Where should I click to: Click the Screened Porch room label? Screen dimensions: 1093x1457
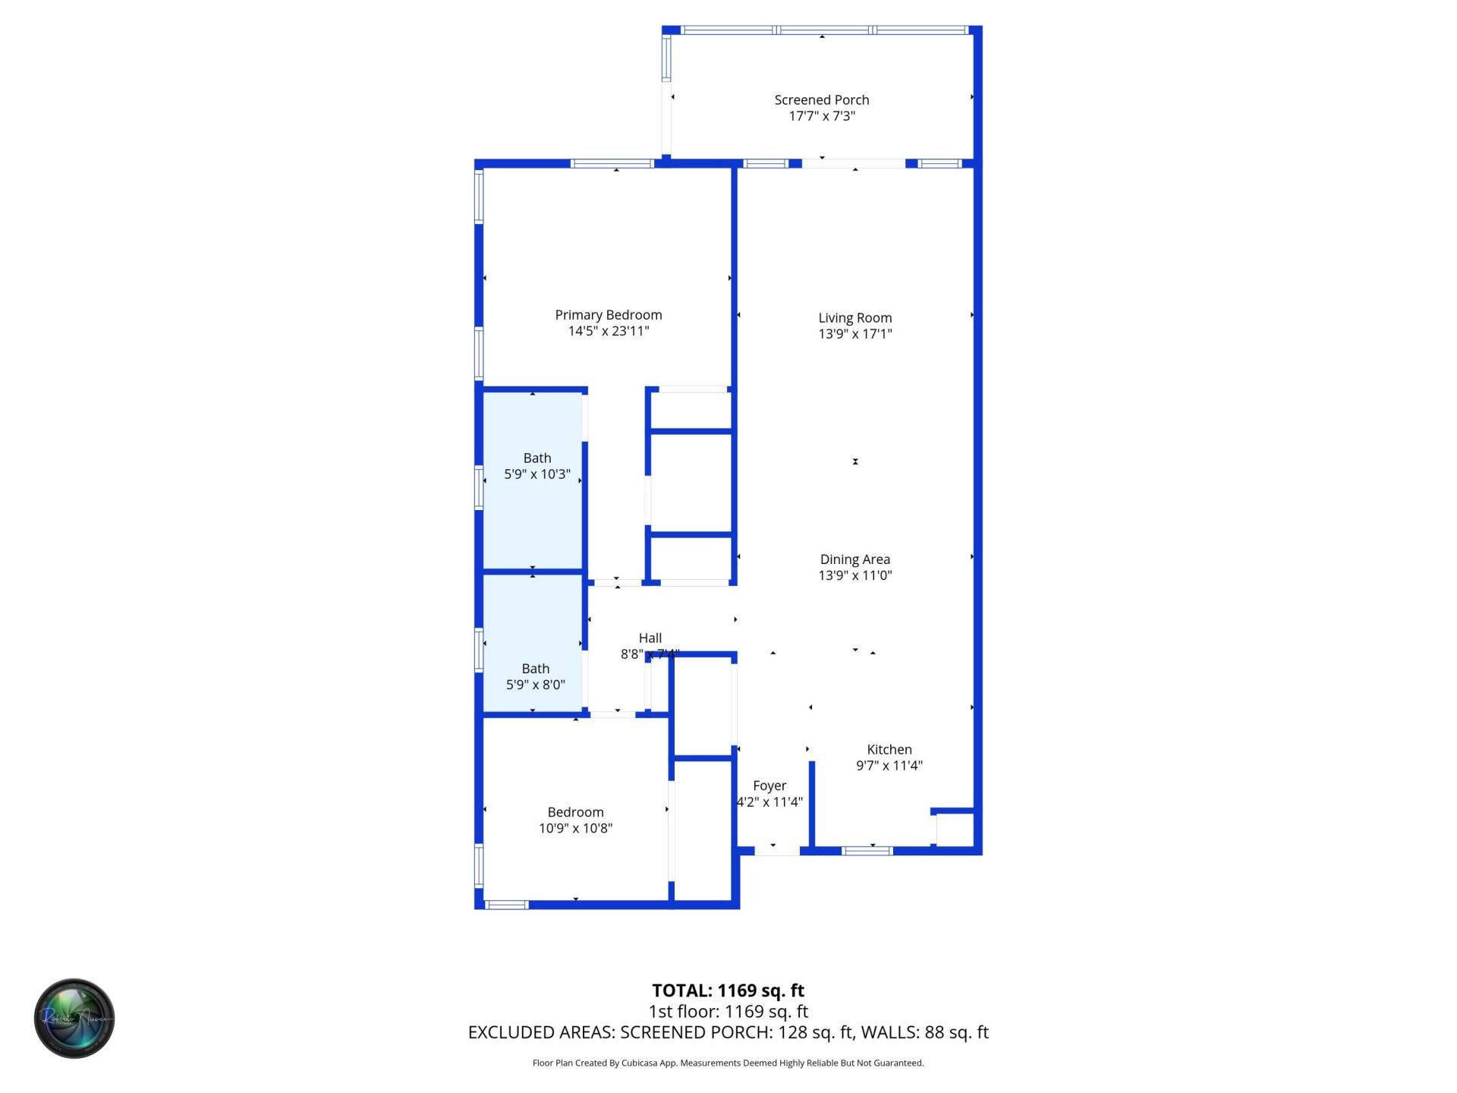tap(822, 100)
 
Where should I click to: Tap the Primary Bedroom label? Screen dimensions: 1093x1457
tap(609, 315)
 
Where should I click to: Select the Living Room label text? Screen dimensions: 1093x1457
tap(855, 318)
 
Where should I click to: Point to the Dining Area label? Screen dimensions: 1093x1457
tap(855, 559)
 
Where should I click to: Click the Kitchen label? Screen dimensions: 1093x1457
tap(889, 750)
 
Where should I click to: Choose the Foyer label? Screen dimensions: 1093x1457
tap(769, 786)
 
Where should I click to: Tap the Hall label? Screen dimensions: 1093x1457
tap(650, 638)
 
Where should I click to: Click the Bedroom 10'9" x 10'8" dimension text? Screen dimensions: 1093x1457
tap(576, 829)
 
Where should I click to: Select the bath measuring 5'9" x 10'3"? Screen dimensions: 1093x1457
tap(537, 466)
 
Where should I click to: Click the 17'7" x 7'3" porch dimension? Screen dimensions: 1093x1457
tap(822, 116)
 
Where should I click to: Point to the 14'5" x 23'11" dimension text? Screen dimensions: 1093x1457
tap(609, 331)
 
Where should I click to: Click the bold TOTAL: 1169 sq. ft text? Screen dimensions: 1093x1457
tap(728, 991)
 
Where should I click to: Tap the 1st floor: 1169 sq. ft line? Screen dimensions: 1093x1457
tap(728, 1012)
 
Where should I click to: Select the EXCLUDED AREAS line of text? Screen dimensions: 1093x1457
tap(728, 1032)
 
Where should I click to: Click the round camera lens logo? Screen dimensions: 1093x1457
tap(74, 1019)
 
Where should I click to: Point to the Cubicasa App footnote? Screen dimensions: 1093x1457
tap(728, 1063)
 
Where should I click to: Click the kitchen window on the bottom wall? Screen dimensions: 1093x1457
tap(868, 851)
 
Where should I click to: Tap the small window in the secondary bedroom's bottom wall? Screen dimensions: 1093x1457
tap(506, 905)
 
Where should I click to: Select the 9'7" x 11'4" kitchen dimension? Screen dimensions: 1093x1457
tap(889, 766)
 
